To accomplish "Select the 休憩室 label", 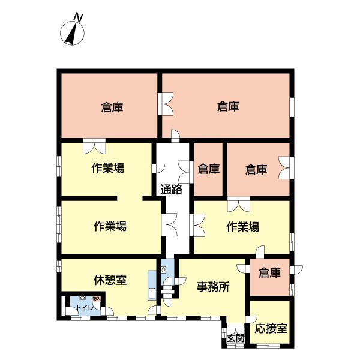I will pyautogui.click(x=110, y=280).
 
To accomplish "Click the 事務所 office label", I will pyautogui.click(x=214, y=286).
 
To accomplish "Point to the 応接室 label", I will pyautogui.click(x=271, y=329).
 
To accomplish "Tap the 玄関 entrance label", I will pyautogui.click(x=235, y=338).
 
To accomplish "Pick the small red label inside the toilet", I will pyautogui.click(x=95, y=298).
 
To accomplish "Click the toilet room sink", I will pyautogui.click(x=82, y=299).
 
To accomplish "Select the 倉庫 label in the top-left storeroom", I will pyautogui.click(x=112, y=107).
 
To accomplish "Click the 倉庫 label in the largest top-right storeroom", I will pyautogui.click(x=228, y=107).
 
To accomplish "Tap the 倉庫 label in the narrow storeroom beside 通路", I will pyautogui.click(x=208, y=169).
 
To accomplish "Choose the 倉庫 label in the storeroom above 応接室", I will pyautogui.click(x=270, y=273).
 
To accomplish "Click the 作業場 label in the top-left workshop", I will pyautogui.click(x=107, y=168).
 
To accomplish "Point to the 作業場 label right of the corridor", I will pyautogui.click(x=243, y=227).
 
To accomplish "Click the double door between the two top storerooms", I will pyautogui.click(x=164, y=104).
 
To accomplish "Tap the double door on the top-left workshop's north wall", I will pyautogui.click(x=94, y=145).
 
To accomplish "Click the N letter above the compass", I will pyautogui.click(x=77, y=16).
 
